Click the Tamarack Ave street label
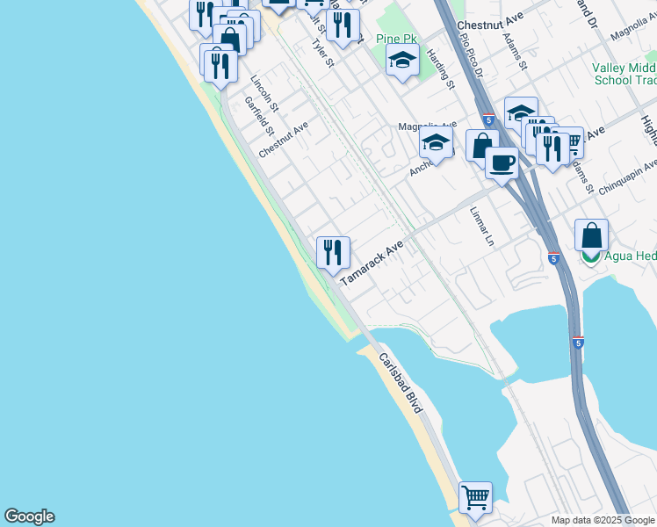pyautogui.click(x=371, y=262)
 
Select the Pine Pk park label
pyautogui.click(x=396, y=39)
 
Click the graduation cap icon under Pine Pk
pyautogui.click(x=402, y=61)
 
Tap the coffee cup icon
pyautogui.click(x=502, y=163)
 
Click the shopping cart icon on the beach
pyautogui.click(x=475, y=497)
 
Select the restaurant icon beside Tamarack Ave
pyautogui.click(x=333, y=253)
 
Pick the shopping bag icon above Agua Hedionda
pyautogui.click(x=592, y=235)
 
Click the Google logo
pyautogui.click(x=29, y=516)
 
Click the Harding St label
pyautogui.click(x=441, y=69)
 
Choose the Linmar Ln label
pyautogui.click(x=482, y=226)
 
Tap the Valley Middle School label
pyautogui.click(x=624, y=74)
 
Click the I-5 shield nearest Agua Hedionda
pyautogui.click(x=553, y=258)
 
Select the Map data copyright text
pyautogui.click(x=602, y=520)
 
